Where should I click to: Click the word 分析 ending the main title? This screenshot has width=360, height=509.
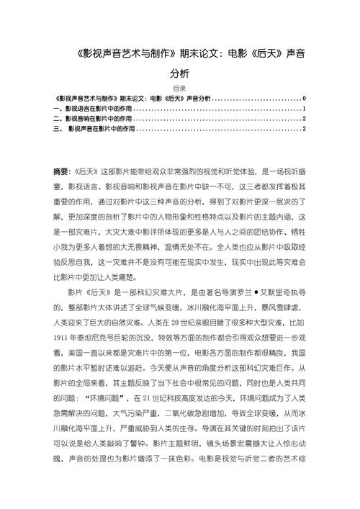click(180, 73)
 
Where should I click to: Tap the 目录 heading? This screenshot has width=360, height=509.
click(180, 89)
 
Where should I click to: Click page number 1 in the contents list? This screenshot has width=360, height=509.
click(306, 109)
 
